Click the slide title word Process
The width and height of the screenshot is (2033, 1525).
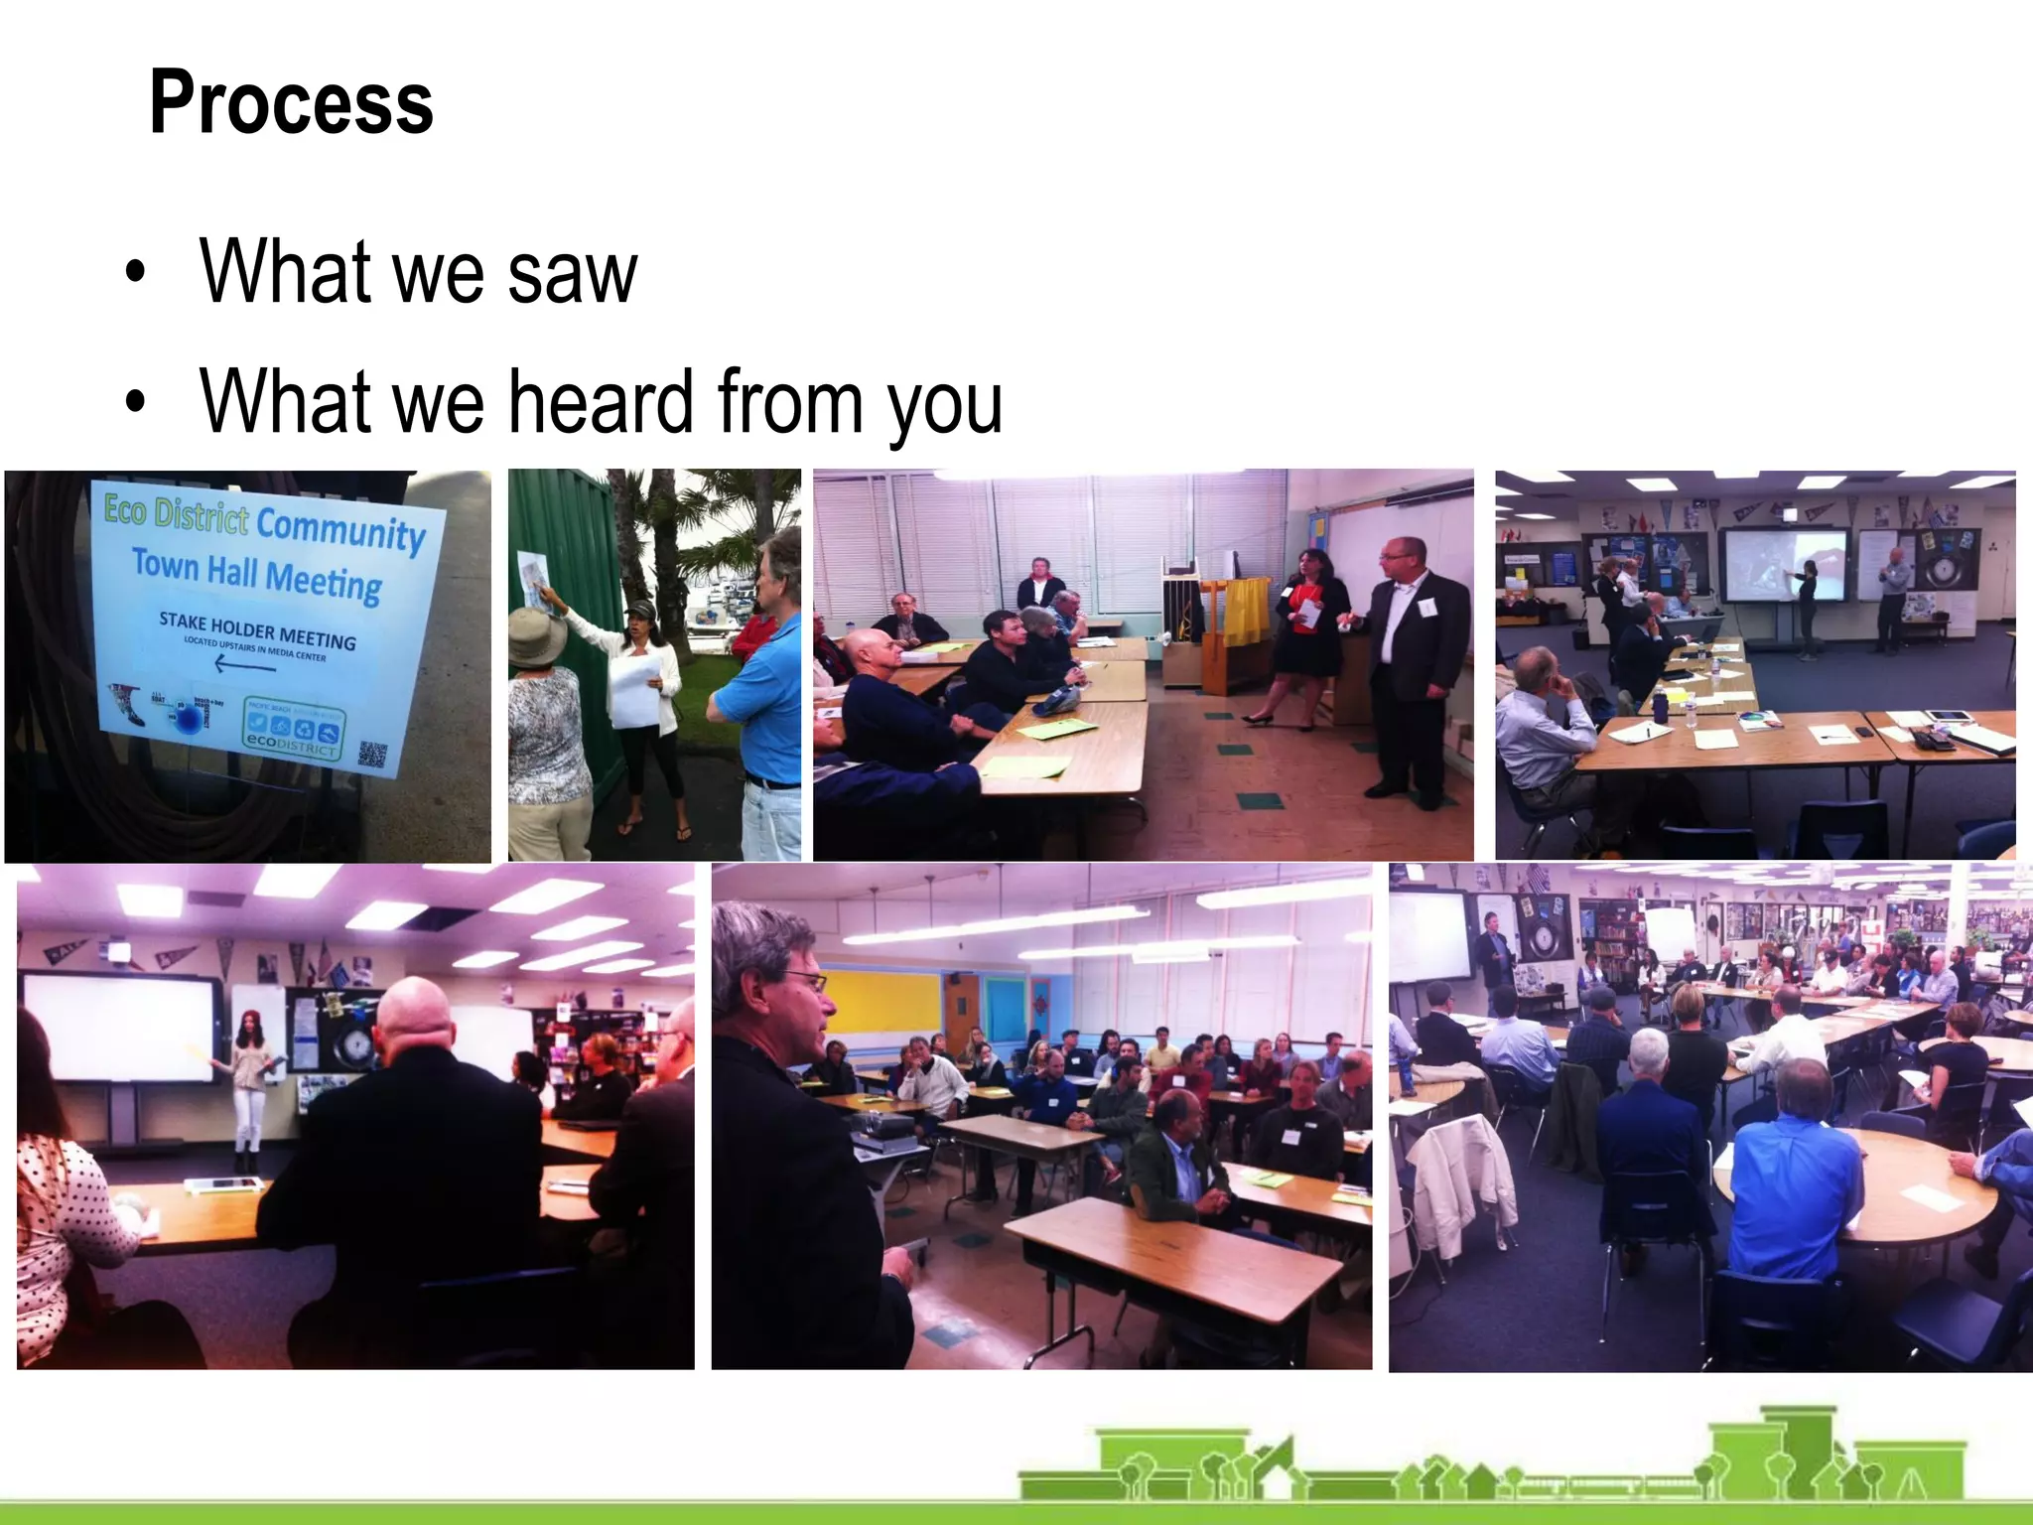(x=291, y=103)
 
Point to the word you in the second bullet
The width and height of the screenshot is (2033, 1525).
(x=944, y=405)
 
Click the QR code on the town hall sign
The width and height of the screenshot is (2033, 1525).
(x=372, y=755)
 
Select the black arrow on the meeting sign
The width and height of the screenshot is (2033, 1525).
(x=244, y=662)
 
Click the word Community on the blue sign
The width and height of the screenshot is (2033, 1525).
(x=340, y=529)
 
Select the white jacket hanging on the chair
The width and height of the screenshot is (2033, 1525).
(x=1459, y=1186)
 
